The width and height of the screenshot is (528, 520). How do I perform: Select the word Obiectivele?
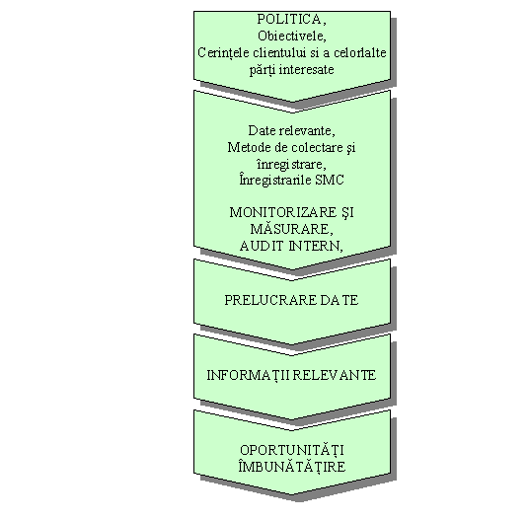(292, 36)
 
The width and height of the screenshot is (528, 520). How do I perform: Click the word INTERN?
(316, 246)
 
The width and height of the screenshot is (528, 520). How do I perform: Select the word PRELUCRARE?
(270, 300)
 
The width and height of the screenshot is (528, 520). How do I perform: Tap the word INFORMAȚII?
(248, 375)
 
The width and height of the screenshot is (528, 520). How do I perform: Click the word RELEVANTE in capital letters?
(334, 375)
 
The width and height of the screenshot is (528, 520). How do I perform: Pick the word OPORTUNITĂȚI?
(292, 451)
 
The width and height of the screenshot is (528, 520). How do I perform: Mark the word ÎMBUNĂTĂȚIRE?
(292, 467)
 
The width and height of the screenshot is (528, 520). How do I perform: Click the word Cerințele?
(224, 53)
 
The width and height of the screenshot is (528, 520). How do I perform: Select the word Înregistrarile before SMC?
(275, 180)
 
